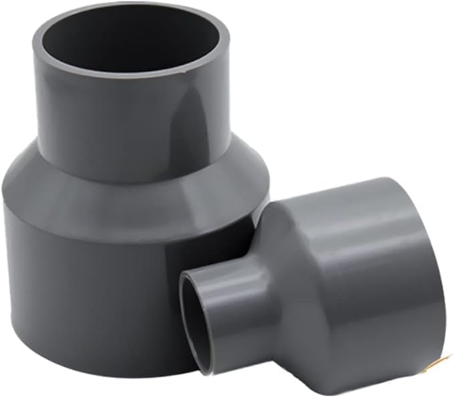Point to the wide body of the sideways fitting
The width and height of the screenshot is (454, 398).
tap(374, 280)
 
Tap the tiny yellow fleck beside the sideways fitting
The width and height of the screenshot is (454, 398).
tap(441, 361)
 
